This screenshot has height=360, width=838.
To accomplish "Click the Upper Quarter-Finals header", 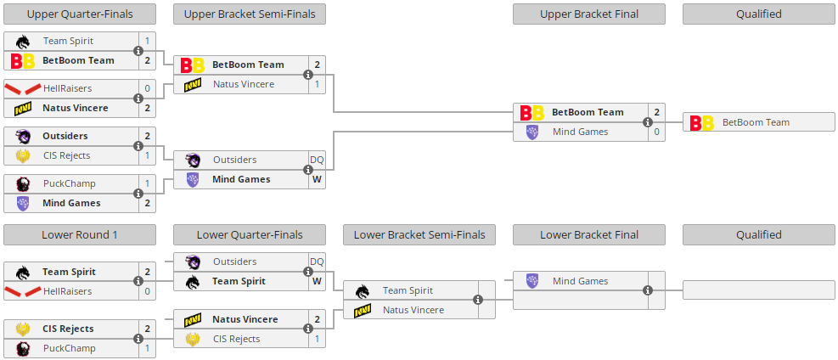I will tap(80, 14).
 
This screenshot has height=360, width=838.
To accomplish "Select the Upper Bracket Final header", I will tap(589, 14).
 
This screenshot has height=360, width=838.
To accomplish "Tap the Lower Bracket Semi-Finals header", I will tap(419, 234).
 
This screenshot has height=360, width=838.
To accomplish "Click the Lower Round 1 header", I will tap(80, 234).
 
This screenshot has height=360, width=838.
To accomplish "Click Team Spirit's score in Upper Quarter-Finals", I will tap(147, 41).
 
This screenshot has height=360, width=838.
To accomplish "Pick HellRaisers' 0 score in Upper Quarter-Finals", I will tap(147, 88).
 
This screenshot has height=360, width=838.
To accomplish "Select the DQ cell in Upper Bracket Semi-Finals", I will tap(317, 160).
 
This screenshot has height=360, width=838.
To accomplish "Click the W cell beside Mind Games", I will tap(317, 179).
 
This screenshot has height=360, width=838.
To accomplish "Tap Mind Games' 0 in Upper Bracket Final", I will tap(656, 132).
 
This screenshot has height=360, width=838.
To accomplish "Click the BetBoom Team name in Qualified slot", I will tap(756, 122).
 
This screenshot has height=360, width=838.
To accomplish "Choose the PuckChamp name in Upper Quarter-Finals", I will tap(69, 183).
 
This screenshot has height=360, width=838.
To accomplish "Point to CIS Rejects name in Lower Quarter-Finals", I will tap(237, 339).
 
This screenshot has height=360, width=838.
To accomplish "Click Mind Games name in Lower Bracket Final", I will tap(580, 281).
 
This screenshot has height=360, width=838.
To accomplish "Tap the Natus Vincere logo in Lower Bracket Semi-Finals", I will tap(363, 310).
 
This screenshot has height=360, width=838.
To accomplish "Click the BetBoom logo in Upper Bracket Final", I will tap(532, 112).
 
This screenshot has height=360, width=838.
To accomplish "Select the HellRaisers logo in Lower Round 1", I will tap(23, 291).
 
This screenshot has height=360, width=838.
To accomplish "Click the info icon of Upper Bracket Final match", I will tap(648, 122).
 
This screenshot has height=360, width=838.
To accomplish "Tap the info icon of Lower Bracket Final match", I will tap(648, 290).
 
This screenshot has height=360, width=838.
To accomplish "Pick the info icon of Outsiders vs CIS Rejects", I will tap(138, 146).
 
